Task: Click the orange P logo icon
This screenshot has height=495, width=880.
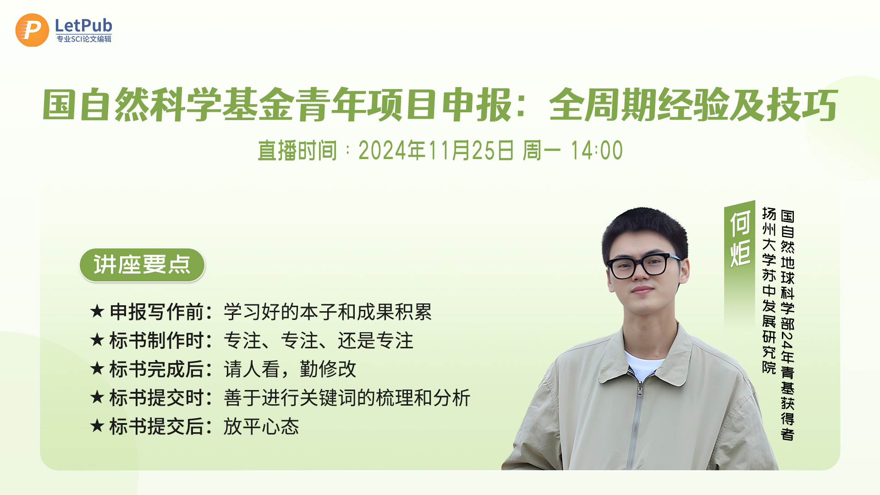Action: [32, 30]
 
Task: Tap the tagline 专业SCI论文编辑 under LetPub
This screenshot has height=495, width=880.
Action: [84, 39]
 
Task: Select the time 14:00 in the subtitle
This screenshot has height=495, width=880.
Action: [596, 150]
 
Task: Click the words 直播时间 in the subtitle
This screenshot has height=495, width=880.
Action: [297, 150]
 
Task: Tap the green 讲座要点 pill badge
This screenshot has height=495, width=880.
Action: [142, 265]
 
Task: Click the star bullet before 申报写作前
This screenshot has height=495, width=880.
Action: [97, 311]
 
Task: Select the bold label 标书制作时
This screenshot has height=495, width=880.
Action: [156, 341]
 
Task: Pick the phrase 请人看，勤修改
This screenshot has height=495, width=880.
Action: [290, 369]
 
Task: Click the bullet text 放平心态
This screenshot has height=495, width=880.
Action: [261, 426]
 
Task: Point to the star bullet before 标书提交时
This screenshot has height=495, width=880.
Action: [97, 397]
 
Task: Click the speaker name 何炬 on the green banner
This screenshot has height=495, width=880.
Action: [740, 238]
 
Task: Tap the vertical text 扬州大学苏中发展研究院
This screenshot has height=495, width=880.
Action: [769, 291]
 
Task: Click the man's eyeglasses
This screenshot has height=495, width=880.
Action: [644, 265]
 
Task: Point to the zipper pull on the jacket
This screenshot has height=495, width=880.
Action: [640, 392]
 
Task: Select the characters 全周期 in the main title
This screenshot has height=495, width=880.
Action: [602, 105]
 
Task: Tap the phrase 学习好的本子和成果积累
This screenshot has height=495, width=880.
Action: [328, 312]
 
